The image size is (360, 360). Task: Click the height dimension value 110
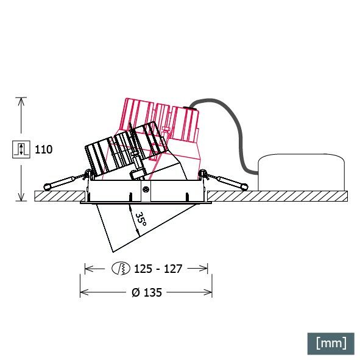point(44,149)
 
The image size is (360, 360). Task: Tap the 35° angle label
point(140,220)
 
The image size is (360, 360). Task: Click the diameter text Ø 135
point(147,292)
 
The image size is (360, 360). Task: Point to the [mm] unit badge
point(331,342)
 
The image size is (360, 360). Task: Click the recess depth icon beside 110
point(21,149)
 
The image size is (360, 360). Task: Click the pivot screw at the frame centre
point(146,189)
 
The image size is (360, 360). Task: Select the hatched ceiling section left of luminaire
point(58,196)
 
